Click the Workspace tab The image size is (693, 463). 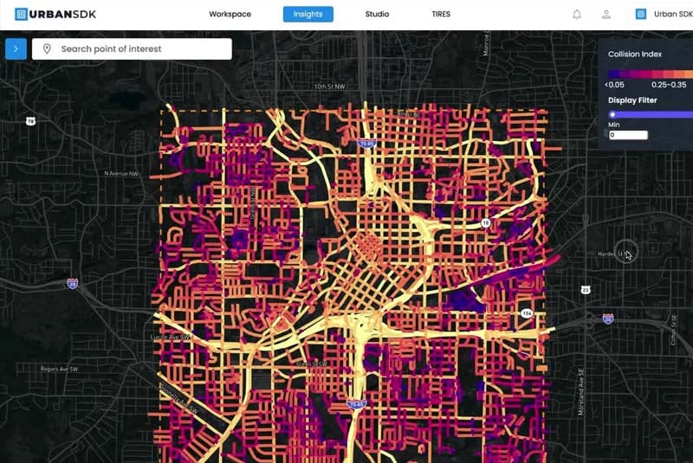pyautogui.click(x=230, y=14)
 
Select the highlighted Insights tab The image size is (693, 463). pyautogui.click(x=308, y=14)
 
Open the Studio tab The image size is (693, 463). pyautogui.click(x=377, y=14)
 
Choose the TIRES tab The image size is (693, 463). pyautogui.click(x=441, y=14)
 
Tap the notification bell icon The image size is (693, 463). pyautogui.click(x=577, y=14)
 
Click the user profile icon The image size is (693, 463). pyautogui.click(x=606, y=14)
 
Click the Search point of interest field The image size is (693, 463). pyautogui.click(x=139, y=49)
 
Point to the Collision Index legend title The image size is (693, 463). pyautogui.click(x=635, y=55)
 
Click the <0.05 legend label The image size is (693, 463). pyautogui.click(x=615, y=85)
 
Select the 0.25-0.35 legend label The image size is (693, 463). pyautogui.click(x=668, y=85)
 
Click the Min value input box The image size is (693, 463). pyautogui.click(x=628, y=135)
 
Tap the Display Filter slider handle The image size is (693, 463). pyautogui.click(x=612, y=113)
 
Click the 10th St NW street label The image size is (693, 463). pyautogui.click(x=330, y=87)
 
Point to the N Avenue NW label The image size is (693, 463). pyautogui.click(x=121, y=173)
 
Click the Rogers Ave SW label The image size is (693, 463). pyautogui.click(x=60, y=369)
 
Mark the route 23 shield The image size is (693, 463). pyautogui.click(x=586, y=289)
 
